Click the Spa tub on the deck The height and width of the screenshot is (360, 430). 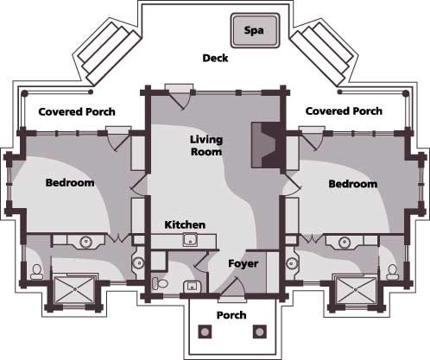tap(252, 30)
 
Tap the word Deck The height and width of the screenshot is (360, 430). tap(214, 59)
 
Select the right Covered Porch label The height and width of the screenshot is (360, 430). tap(344, 111)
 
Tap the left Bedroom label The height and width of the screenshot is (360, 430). tap(70, 183)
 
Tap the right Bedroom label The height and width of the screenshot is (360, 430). tap(352, 184)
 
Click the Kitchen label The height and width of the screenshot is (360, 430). tap(184, 225)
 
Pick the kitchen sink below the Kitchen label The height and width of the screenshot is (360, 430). tap(193, 241)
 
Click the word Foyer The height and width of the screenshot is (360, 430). tap(243, 262)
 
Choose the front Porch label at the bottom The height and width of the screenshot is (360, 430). tap(231, 314)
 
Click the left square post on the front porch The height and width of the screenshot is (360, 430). tap(206, 331)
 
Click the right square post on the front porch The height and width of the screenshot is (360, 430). tap(256, 331)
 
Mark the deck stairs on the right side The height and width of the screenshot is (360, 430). tap(322, 51)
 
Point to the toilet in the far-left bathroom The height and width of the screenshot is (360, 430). tap(35, 271)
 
